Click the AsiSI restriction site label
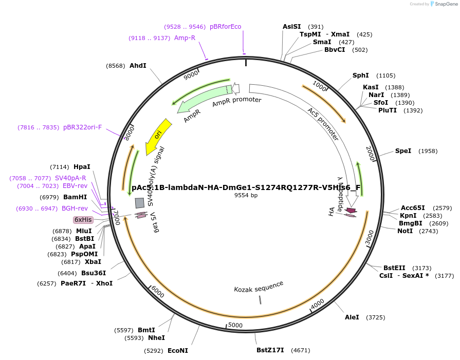click(x=291, y=27)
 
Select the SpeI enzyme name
click(x=403, y=151)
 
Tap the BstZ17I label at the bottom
click(x=270, y=350)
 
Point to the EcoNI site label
click(x=178, y=351)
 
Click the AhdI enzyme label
click(x=138, y=66)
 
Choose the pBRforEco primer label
click(x=225, y=27)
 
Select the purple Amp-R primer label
click(x=185, y=38)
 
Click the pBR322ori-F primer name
click(x=83, y=127)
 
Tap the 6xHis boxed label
click(x=83, y=220)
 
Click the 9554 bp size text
click(x=246, y=196)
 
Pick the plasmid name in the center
click(x=246, y=187)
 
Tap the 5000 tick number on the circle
click(x=235, y=325)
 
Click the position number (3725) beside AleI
click(x=375, y=317)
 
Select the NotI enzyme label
click(x=405, y=231)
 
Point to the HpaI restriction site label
click(x=82, y=167)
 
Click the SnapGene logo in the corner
click(x=443, y=4)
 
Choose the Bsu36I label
click(x=93, y=273)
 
